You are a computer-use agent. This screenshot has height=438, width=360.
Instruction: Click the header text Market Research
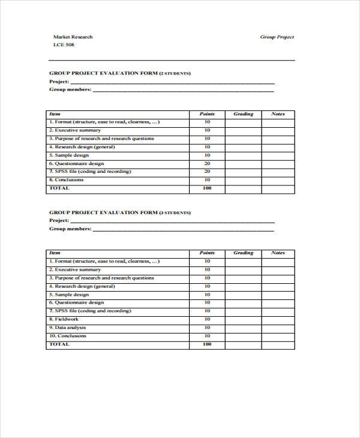[x=73, y=37]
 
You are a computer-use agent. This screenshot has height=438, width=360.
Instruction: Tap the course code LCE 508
[x=64, y=46]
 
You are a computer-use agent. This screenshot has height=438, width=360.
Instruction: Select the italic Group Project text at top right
[x=277, y=37]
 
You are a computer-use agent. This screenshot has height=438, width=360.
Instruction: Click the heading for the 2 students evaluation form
[x=119, y=73]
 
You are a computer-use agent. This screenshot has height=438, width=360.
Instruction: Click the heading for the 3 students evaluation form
[x=119, y=212]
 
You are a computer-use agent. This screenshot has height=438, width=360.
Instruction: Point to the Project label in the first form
[x=59, y=82]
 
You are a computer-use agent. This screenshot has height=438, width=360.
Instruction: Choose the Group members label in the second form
[x=70, y=229]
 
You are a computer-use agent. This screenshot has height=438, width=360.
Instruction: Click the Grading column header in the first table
[x=243, y=113]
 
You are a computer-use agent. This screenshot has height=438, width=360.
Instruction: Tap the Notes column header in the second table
[x=278, y=253]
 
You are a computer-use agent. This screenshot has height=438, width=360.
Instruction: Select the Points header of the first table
[x=207, y=113]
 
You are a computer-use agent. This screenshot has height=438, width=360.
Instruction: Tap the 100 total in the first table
[x=207, y=188]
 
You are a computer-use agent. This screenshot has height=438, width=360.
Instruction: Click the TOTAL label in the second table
[x=59, y=344]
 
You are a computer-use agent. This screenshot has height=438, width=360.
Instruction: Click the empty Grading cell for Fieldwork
[x=243, y=319]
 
